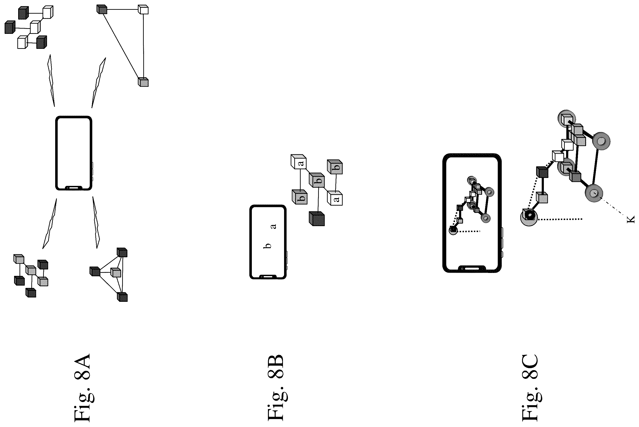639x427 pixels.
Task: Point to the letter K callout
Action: [x=631, y=219]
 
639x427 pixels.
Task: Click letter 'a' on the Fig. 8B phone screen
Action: [x=273, y=226]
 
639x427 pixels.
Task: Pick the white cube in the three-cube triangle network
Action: [x=143, y=10]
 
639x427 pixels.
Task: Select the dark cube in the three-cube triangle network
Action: [x=102, y=9]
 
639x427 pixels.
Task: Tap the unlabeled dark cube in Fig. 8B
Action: [x=317, y=219]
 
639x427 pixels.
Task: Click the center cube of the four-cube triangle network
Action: [x=116, y=272]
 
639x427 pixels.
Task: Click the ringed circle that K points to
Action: [x=594, y=193]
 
